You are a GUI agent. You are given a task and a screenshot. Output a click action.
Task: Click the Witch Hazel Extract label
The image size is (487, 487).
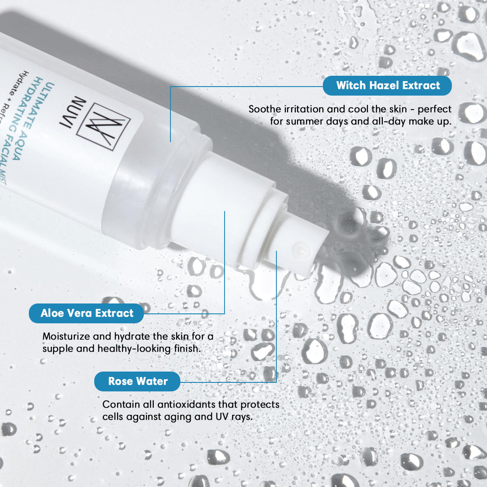pyautogui.click(x=387, y=85)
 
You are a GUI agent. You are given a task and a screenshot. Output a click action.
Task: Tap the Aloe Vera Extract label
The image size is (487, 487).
pyautogui.click(x=86, y=313)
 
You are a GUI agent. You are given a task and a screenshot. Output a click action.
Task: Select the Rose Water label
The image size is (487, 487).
pyautogui.click(x=137, y=381)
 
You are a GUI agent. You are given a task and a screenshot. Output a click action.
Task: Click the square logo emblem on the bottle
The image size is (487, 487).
pyautogui.click(x=103, y=127)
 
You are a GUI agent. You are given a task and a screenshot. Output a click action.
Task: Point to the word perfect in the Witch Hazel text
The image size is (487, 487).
pyautogui.click(x=435, y=110)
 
